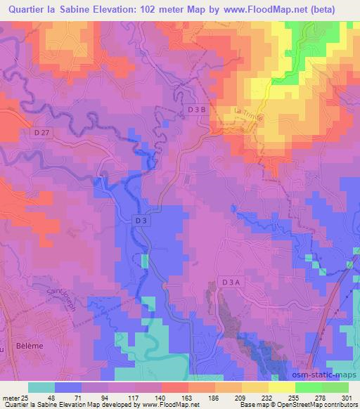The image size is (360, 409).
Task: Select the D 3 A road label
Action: (230, 282)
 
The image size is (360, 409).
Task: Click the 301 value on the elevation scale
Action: (347, 397)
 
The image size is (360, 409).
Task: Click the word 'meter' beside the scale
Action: (9, 397)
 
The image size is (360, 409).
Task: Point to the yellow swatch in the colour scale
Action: (283, 387)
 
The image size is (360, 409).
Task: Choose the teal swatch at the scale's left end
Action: (41, 387)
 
